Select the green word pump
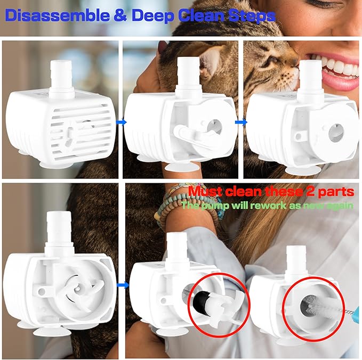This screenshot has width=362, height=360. [218, 205]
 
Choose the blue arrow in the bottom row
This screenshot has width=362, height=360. [122, 285]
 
